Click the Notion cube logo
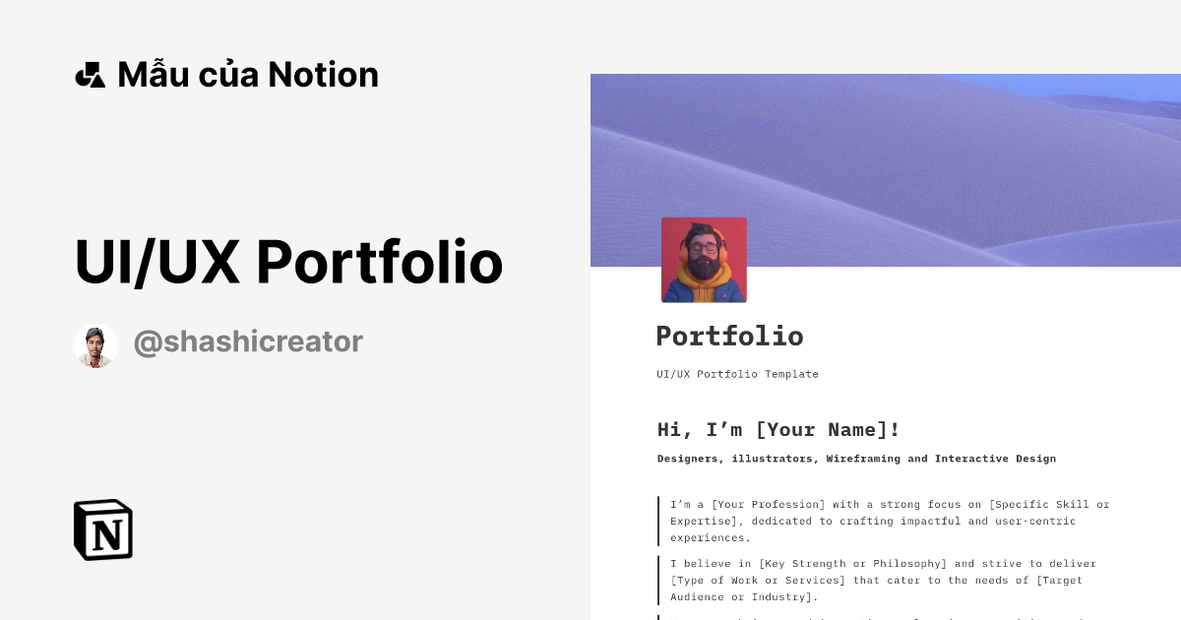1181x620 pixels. (x=103, y=529)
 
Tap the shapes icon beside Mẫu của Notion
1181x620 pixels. (x=90, y=75)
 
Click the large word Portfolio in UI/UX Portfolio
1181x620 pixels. (x=380, y=263)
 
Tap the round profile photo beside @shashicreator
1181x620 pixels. (x=95, y=346)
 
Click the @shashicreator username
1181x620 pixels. (x=248, y=341)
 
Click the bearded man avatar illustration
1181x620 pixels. (x=704, y=260)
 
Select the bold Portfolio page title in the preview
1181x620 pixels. (x=729, y=337)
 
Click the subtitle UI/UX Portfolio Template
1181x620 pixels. (x=737, y=374)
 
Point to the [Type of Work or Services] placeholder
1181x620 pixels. (x=753, y=581)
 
